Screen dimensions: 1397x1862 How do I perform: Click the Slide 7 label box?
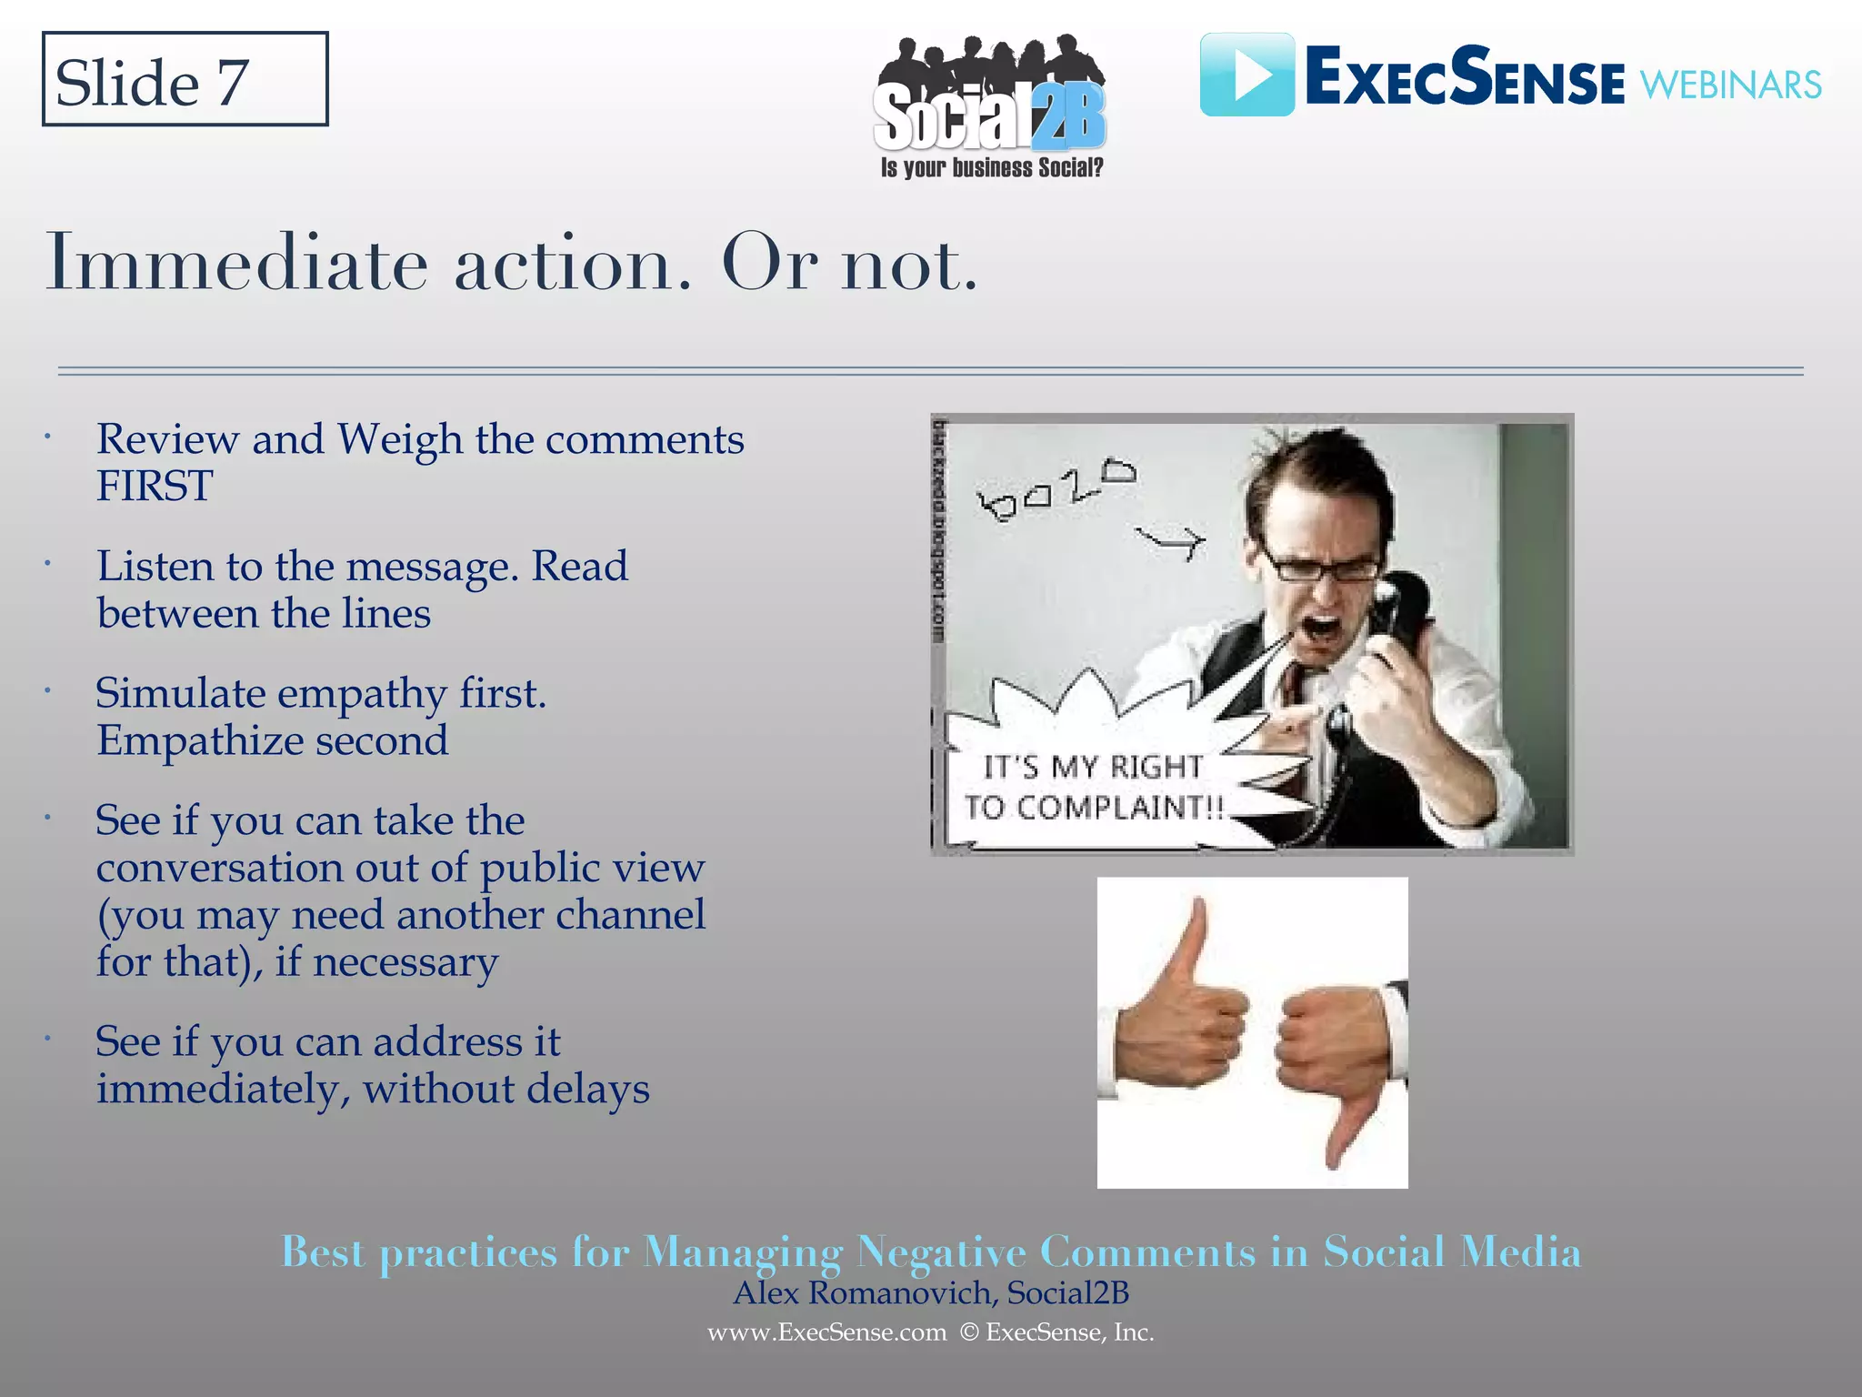(x=185, y=80)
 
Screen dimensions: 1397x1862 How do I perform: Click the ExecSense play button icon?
(x=1246, y=75)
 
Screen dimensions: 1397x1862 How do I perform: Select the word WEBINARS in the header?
(x=1730, y=85)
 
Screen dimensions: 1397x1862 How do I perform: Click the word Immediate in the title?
(x=236, y=264)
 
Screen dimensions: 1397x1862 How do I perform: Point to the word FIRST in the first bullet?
(x=155, y=486)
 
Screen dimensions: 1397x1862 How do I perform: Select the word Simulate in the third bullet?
(x=180, y=693)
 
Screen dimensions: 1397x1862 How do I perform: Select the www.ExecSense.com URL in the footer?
(x=826, y=1332)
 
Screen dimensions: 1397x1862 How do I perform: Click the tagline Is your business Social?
(x=991, y=168)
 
